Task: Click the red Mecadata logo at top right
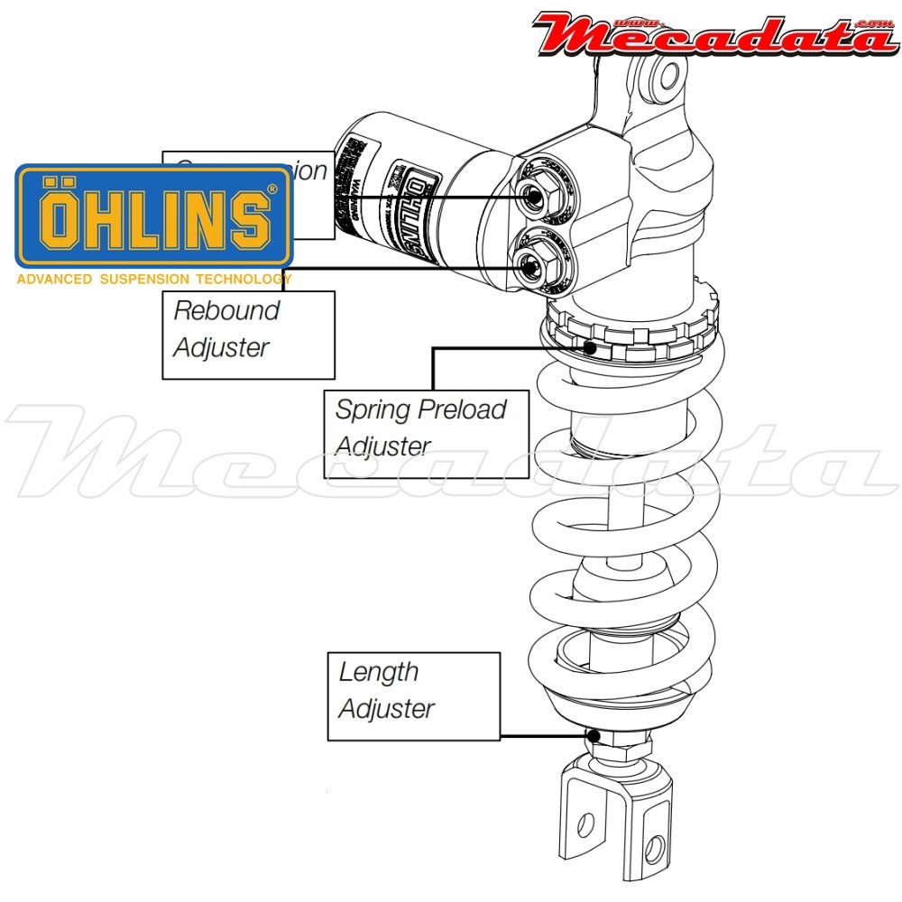(x=713, y=34)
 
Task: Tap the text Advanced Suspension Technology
(x=153, y=280)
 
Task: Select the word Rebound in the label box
(x=226, y=310)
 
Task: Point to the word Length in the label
(x=379, y=672)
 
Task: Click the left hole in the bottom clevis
(x=585, y=824)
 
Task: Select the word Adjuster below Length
(x=387, y=709)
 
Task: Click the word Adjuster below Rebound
(x=221, y=347)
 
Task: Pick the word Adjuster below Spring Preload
(x=382, y=446)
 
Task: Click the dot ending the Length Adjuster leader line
(x=594, y=735)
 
